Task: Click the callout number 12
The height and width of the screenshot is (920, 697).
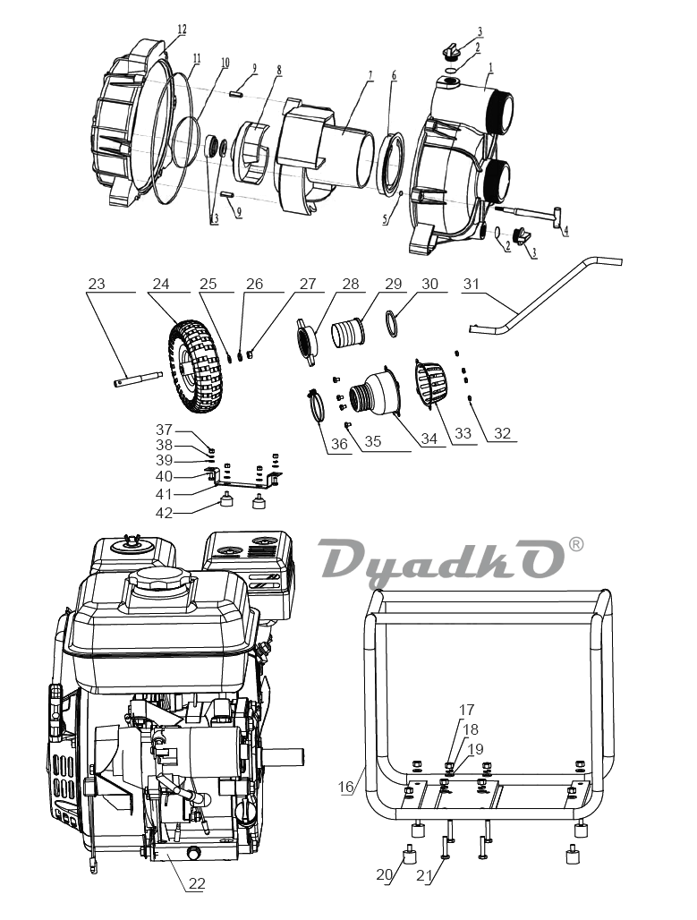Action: click(182, 30)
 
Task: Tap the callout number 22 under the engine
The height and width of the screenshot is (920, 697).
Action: click(197, 883)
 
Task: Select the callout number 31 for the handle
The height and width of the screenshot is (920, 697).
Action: click(472, 284)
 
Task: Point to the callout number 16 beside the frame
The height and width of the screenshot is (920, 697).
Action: click(347, 787)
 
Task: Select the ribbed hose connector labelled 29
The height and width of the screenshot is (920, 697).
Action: click(350, 330)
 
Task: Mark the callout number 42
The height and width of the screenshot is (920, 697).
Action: click(165, 512)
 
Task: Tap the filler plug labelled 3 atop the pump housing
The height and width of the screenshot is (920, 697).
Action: click(449, 51)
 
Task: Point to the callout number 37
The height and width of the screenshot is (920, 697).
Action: click(165, 429)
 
